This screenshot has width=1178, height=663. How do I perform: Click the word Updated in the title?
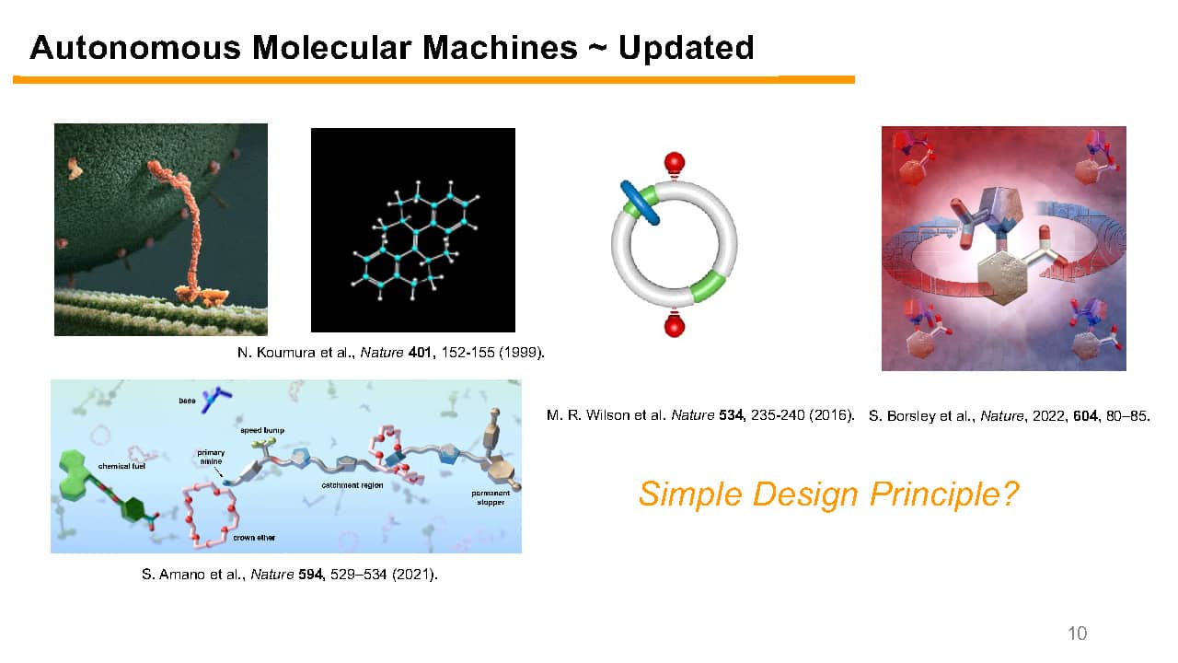pos(686,49)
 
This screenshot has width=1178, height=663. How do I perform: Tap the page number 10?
pos(1078,633)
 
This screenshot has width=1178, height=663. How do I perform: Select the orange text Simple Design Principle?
pos(828,494)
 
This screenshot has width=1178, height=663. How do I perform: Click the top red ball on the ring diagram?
pos(675,163)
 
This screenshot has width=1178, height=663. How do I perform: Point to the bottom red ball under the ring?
pos(675,326)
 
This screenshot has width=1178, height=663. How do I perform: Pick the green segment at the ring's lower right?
pos(709,285)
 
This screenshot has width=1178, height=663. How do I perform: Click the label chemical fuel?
pos(121,466)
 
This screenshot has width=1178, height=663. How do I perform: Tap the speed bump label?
pos(262,430)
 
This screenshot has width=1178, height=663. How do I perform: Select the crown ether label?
pos(254,538)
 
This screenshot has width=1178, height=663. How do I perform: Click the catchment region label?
pos(352,485)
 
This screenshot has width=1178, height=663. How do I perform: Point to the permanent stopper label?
pos(491,498)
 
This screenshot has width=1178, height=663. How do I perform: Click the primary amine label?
pos(211,457)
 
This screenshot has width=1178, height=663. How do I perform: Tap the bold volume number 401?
pos(420,352)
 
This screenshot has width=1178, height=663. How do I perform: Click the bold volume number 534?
pos(731,415)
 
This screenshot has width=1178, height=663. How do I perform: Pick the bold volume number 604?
pos(1085,416)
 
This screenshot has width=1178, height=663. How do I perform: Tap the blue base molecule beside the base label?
pos(215,400)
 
